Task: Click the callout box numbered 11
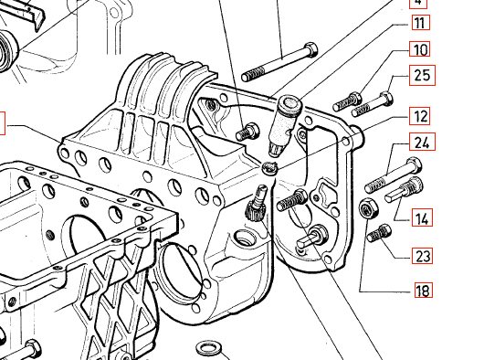click(x=420, y=22)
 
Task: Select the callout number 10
click(x=419, y=49)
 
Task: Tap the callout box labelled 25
click(x=422, y=75)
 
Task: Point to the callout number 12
click(x=419, y=116)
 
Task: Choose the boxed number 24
click(x=422, y=142)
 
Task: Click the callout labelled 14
click(x=422, y=217)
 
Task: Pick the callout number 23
click(x=422, y=255)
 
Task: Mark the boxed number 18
click(x=424, y=290)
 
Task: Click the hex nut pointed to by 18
click(x=367, y=207)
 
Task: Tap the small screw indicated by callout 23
click(x=379, y=233)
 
